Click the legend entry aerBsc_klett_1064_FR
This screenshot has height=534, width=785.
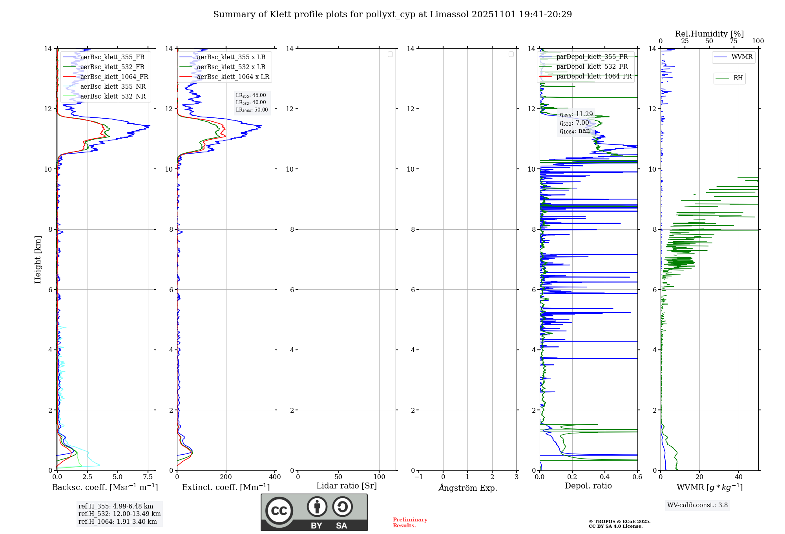coord(114,77)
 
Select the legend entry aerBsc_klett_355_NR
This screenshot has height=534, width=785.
coord(113,87)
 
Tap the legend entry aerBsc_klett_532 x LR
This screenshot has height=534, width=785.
coord(231,67)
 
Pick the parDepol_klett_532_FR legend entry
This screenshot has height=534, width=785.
coord(592,67)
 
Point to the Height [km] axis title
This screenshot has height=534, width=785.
coord(38,260)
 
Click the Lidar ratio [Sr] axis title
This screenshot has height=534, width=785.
coord(347,486)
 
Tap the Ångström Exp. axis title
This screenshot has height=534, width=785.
coord(468,488)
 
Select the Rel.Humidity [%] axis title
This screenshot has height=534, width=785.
coord(709,34)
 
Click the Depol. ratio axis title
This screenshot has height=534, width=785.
coord(588,486)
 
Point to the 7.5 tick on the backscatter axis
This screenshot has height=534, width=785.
coord(148,477)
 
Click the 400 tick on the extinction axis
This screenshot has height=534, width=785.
coord(275,477)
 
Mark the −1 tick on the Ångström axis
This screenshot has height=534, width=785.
coord(419,477)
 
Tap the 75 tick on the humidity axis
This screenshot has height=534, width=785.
coord(733,41)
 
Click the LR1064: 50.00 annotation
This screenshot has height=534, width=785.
coord(252,110)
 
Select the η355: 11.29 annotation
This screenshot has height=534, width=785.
coord(576,114)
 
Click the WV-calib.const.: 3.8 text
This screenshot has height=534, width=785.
coord(697,505)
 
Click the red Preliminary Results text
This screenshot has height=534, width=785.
coord(410,523)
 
